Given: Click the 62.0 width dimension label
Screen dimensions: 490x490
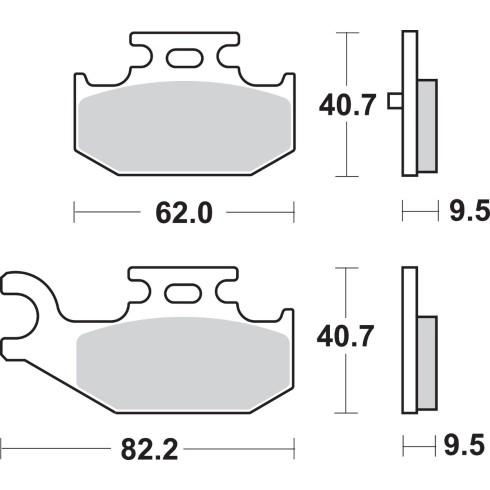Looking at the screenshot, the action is (x=184, y=213).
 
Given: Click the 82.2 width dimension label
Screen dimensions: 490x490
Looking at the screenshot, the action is (x=149, y=450).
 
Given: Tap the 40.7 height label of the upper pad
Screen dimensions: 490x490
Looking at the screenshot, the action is (x=347, y=105).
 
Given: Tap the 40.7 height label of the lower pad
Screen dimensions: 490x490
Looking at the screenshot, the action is (x=345, y=337).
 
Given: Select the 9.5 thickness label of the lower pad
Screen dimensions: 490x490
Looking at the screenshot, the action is (x=464, y=445).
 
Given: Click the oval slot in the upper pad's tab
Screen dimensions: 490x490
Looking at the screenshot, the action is (x=184, y=58).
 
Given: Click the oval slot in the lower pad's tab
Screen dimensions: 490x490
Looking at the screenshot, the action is (x=183, y=293).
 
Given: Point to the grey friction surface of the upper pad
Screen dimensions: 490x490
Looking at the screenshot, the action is (x=184, y=127).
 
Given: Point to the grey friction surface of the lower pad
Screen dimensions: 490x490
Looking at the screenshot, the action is (x=183, y=363).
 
